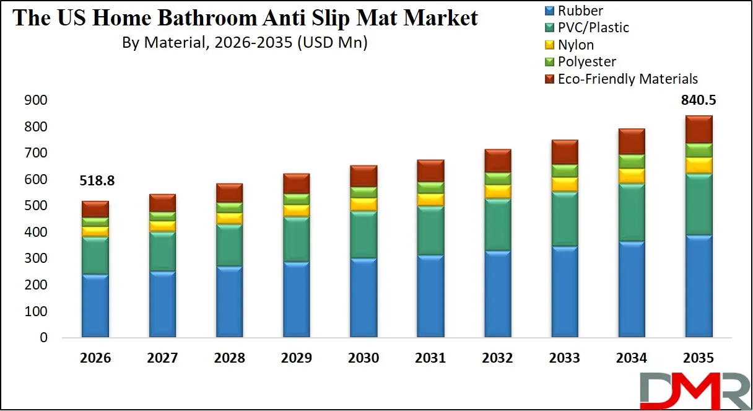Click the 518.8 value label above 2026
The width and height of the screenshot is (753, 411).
97,181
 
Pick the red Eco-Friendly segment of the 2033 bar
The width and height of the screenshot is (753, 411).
565,152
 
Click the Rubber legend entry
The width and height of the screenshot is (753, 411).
580,11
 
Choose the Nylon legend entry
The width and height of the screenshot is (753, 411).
575,45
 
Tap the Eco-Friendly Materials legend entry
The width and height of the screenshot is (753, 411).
627,79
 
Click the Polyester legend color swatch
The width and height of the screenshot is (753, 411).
549,62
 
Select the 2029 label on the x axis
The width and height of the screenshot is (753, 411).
296,358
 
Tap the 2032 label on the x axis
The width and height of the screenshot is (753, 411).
497,358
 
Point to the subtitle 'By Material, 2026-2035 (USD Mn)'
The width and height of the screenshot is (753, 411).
244,43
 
